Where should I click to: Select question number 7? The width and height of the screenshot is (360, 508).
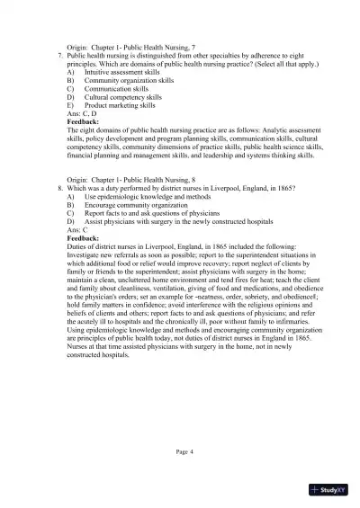[x=59, y=54]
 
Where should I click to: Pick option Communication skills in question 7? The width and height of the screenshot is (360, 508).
[x=116, y=96]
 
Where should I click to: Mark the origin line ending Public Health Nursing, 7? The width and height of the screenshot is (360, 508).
[x=139, y=45]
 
